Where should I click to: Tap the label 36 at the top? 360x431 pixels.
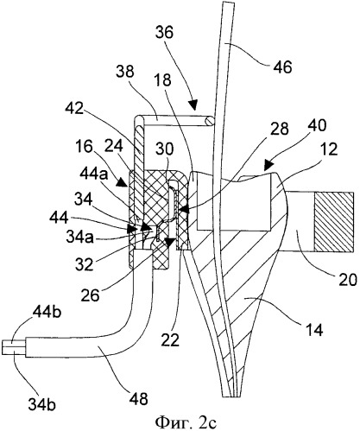tap(164, 32)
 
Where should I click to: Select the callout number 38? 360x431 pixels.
tap(125, 71)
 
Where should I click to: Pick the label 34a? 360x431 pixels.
tap(79, 238)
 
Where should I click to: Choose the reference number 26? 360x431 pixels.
tap(90, 295)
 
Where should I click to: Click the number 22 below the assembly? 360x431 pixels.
tap(170, 340)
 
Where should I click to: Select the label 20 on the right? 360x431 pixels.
tap(347, 279)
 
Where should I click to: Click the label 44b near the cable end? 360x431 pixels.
tap(47, 313)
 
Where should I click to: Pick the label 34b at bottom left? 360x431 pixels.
tap(41, 404)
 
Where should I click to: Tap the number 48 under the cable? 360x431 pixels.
tap(139, 399)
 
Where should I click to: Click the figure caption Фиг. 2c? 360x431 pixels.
tap(186, 422)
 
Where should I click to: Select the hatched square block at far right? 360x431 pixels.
tap(334, 222)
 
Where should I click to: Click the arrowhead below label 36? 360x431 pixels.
tap(193, 105)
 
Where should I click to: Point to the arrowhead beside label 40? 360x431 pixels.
tap(268, 164)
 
